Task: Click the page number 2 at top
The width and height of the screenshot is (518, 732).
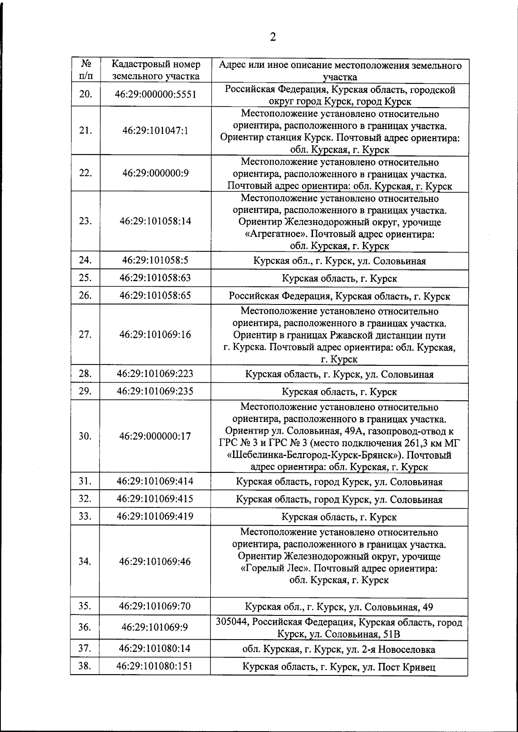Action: tap(272, 38)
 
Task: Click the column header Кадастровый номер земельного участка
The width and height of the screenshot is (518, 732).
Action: tap(156, 70)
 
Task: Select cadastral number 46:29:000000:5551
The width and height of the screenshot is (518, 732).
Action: tap(155, 95)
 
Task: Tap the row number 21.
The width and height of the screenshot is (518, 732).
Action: tap(85, 131)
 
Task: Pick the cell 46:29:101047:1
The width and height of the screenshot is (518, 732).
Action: tap(155, 131)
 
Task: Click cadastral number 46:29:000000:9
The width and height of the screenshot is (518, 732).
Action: tap(155, 173)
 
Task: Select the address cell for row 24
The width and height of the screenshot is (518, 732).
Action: tap(339, 261)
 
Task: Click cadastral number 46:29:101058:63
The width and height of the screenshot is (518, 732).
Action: tap(155, 278)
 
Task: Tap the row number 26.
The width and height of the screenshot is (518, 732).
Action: tap(85, 296)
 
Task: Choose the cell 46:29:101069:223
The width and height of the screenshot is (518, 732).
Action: tap(155, 374)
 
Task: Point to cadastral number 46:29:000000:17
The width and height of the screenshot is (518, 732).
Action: tap(155, 436)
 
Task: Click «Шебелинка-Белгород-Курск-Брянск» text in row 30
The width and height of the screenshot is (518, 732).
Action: tap(315, 455)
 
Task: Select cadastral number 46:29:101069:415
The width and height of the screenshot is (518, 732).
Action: tap(155, 499)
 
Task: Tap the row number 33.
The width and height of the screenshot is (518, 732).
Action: tap(85, 517)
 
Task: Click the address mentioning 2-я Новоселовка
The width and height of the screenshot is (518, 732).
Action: tap(339, 650)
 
